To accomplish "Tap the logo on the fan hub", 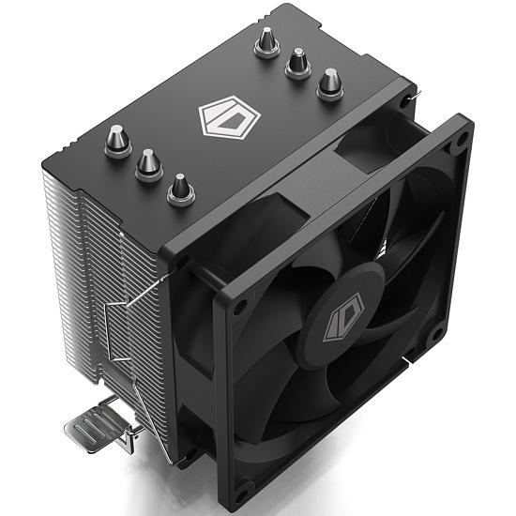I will [340, 322].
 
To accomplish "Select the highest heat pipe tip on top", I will [266, 40].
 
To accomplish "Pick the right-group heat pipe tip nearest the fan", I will [330, 85].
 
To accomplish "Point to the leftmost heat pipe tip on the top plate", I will [119, 140].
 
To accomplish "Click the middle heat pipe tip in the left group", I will [149, 166].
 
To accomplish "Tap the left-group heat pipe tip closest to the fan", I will [181, 190].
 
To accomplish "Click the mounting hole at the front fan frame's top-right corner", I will [463, 144].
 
